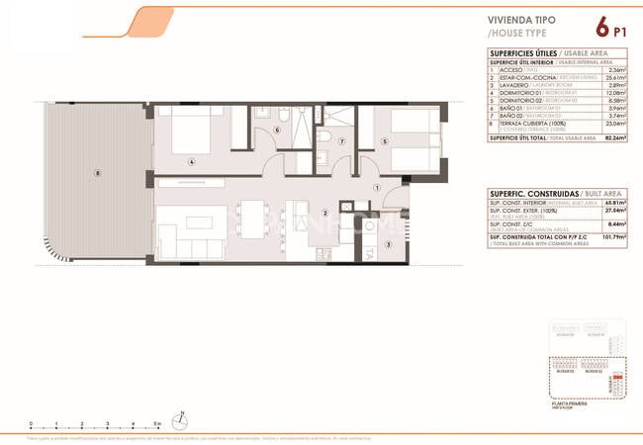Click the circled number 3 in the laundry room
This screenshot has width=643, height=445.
click(x=389, y=245)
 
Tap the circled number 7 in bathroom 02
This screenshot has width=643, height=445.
click(x=341, y=141)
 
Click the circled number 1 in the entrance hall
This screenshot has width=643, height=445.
click(x=376, y=189)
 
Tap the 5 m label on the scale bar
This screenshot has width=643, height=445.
click(x=143, y=421)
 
